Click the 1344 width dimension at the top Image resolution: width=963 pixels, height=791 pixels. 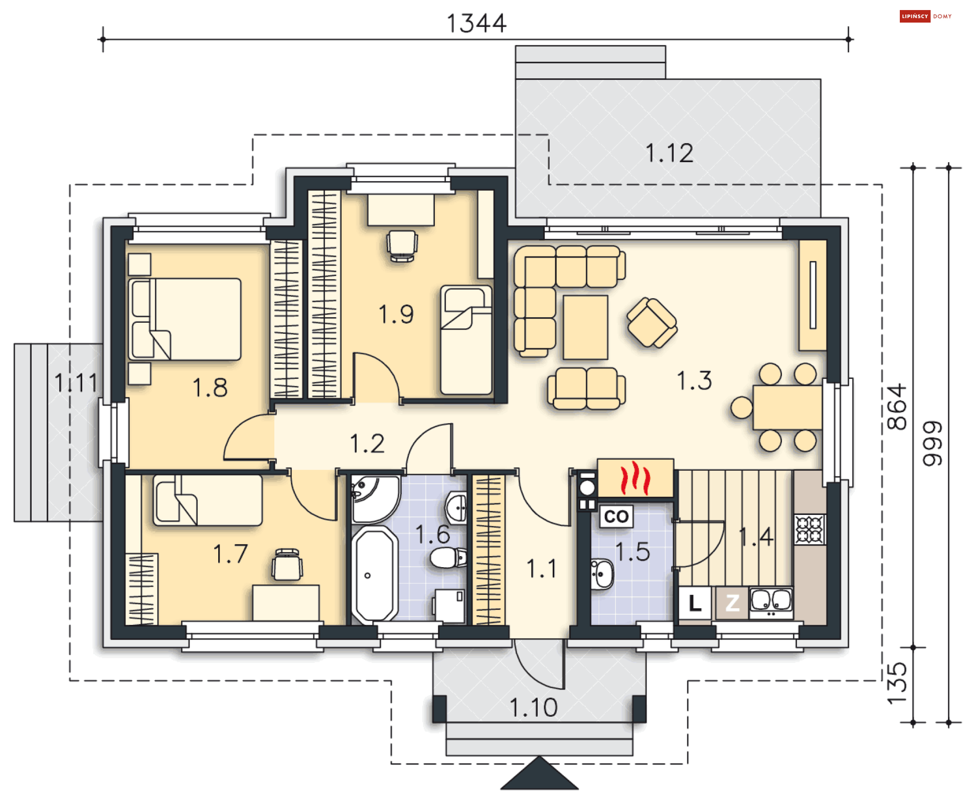476,24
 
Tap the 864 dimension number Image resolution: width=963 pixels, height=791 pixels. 897,407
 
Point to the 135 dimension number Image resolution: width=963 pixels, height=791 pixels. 897,683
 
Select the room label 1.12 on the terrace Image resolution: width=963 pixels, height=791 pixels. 669,153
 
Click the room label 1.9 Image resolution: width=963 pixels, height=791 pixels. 396,315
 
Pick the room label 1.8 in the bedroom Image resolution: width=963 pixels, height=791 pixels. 210,388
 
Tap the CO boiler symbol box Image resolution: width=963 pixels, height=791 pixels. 616,516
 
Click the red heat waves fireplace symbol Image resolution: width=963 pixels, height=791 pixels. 635,477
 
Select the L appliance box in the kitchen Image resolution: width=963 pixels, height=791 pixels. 695,603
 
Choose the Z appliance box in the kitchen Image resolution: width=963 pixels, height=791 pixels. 732,603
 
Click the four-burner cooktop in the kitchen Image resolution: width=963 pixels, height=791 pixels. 810,530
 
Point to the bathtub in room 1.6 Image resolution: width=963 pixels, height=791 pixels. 375,575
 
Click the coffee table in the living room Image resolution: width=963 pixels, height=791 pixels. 585,327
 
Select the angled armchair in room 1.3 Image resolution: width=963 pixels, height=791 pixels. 652,322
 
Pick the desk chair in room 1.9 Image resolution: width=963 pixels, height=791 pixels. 402,246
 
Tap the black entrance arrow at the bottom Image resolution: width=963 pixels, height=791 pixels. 539,773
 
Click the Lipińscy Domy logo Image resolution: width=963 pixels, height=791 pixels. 925,16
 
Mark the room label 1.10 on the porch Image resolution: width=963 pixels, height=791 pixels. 533,708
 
